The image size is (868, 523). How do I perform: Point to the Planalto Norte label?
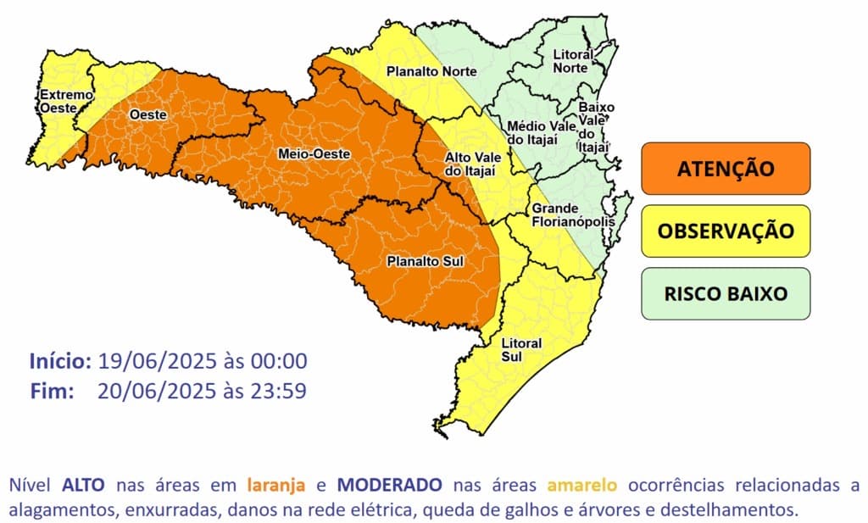pyautogui.click(x=431, y=72)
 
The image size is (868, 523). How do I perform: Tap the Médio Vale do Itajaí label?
pyautogui.click(x=540, y=132)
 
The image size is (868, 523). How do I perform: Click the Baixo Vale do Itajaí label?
pyautogui.click(x=595, y=128)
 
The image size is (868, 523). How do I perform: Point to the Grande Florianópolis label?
pyautogui.click(x=566, y=215)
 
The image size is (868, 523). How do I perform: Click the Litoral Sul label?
pyautogui.click(x=516, y=350)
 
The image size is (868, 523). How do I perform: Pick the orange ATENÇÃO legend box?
pyautogui.click(x=726, y=168)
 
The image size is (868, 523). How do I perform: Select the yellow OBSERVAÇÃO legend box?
pyautogui.click(x=726, y=231)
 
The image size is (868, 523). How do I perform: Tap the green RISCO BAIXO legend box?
pyautogui.click(x=726, y=293)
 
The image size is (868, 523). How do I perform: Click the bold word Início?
pyautogui.click(x=60, y=360)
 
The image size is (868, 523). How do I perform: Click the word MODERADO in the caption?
pyautogui.click(x=389, y=486)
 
